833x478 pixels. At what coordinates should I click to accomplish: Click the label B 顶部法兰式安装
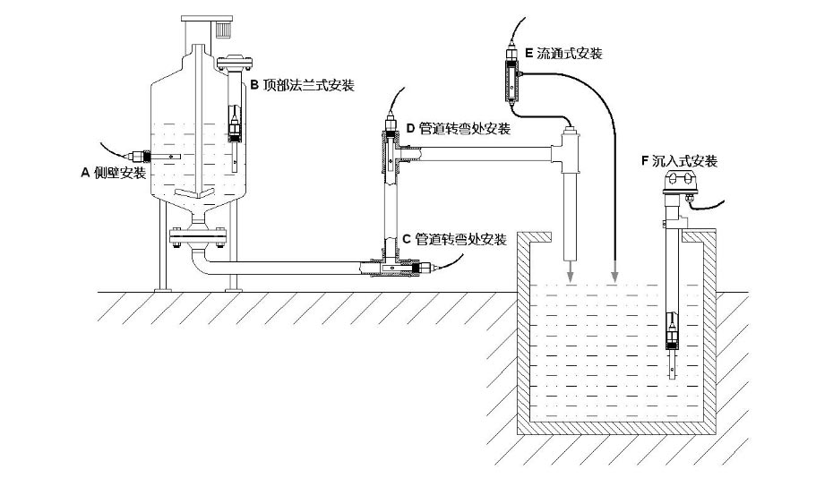tap(302, 86)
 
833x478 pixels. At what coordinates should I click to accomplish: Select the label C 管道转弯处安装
tap(454, 240)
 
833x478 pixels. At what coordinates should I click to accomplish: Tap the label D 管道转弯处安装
tap(458, 129)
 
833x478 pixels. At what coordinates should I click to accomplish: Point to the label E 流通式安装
tap(562, 54)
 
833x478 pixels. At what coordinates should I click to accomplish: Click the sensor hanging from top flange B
tap(236, 125)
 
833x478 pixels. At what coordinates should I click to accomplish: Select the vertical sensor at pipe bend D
tap(391, 152)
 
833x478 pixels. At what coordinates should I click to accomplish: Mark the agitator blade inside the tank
tap(194, 194)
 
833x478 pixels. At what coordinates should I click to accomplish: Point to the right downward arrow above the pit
tap(614, 270)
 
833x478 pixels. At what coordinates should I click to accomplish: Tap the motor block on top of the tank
tap(221, 30)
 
